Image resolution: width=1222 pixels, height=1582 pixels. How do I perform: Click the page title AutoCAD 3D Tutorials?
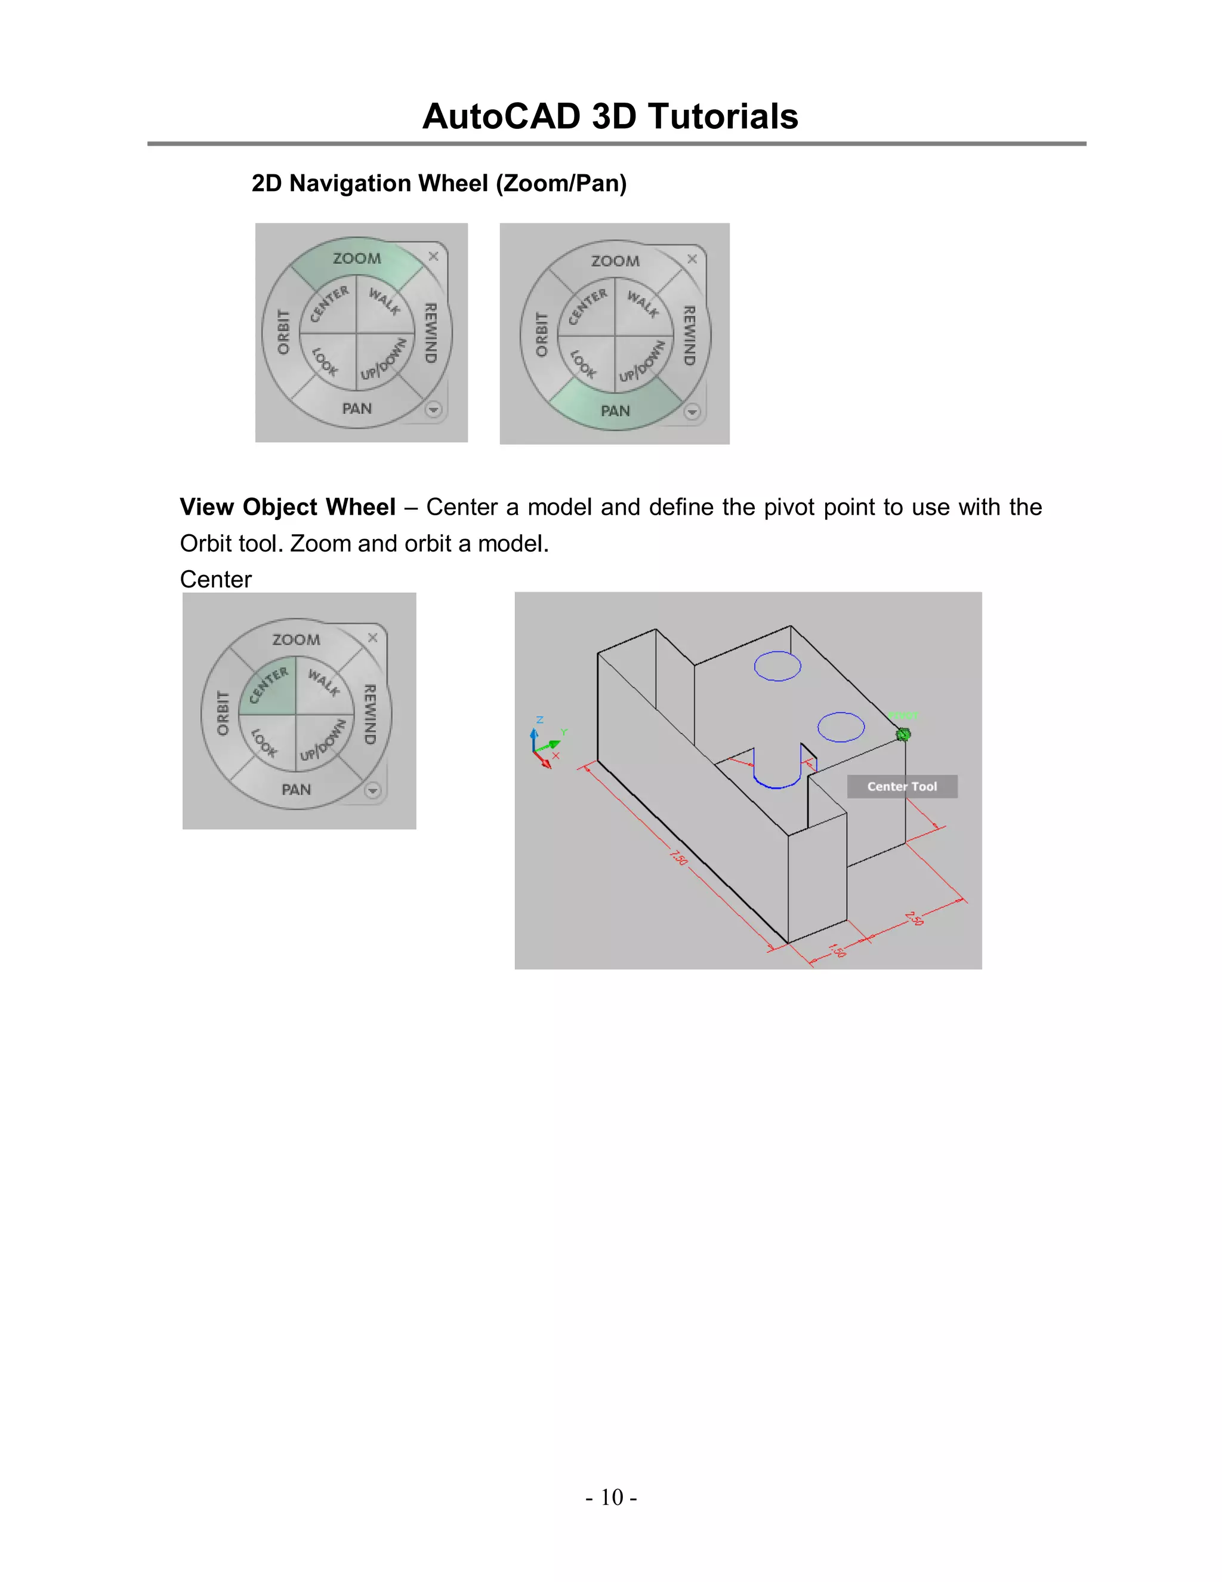pyautogui.click(x=610, y=116)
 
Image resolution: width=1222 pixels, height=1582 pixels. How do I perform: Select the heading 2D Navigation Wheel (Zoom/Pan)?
pyautogui.click(x=439, y=183)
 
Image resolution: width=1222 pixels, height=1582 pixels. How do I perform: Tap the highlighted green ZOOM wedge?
pyautogui.click(x=357, y=261)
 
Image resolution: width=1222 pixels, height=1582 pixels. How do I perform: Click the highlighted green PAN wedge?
pyautogui.click(x=615, y=410)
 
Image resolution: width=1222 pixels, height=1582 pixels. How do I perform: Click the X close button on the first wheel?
pyautogui.click(x=434, y=257)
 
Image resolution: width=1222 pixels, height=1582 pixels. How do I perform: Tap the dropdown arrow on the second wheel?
pyautogui.click(x=692, y=411)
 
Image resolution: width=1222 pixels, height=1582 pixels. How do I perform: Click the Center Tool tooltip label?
pyautogui.click(x=902, y=787)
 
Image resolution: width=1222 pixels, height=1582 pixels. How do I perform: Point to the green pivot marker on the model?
pyautogui.click(x=903, y=734)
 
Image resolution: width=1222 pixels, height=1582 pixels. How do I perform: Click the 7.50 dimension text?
pyautogui.click(x=678, y=857)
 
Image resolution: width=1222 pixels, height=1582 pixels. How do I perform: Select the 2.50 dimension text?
pyautogui.click(x=914, y=919)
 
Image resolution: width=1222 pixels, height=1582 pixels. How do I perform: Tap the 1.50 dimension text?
pyautogui.click(x=837, y=950)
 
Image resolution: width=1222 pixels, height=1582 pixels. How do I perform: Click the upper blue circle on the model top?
pyautogui.click(x=777, y=666)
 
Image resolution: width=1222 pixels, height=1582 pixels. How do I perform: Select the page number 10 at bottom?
pyautogui.click(x=611, y=1497)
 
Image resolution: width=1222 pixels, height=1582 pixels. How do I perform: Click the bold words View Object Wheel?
pyautogui.click(x=288, y=507)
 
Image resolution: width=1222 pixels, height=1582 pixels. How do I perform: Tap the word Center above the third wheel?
pyautogui.click(x=216, y=580)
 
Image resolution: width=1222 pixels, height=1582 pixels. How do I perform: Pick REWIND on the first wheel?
pyautogui.click(x=430, y=333)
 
